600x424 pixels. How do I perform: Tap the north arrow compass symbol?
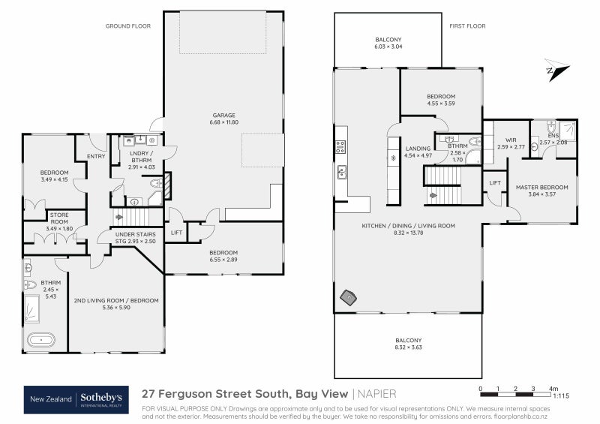[x=558, y=71]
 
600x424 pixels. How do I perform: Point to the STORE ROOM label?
[x=59, y=218]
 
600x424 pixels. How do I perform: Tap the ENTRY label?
[x=96, y=156]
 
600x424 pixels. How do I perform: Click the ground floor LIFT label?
[x=176, y=233]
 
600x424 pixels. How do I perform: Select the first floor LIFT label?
[x=495, y=182]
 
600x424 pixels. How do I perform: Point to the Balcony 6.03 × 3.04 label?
[x=388, y=44]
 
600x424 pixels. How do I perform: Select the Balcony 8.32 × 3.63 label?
[x=409, y=344]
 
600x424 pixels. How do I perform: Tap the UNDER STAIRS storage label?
[x=135, y=237]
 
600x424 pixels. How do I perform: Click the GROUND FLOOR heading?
[x=128, y=26]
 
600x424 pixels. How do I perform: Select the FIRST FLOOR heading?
[x=467, y=26]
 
